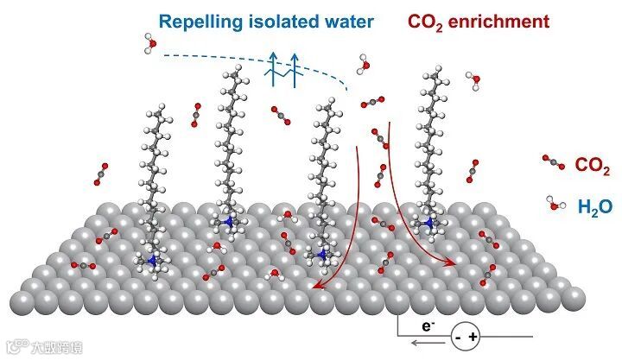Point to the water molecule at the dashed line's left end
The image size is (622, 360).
(x=149, y=44)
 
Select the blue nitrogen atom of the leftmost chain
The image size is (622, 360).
(x=152, y=260)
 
